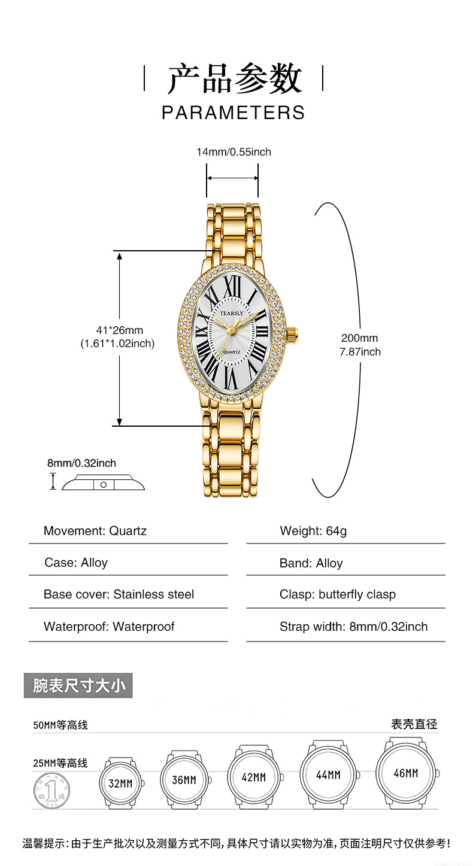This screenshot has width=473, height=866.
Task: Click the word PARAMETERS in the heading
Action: tap(234, 113)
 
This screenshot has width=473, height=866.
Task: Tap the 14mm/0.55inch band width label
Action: tap(234, 152)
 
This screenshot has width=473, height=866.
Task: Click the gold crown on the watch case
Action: tap(293, 332)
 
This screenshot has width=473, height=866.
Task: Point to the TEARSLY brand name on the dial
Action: tap(232, 313)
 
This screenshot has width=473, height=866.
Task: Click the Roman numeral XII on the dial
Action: tap(232, 287)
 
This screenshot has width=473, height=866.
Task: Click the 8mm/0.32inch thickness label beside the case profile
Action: tap(81, 463)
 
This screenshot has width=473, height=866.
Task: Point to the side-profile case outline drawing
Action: tap(103, 483)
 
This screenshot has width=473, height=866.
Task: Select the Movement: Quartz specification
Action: tap(95, 531)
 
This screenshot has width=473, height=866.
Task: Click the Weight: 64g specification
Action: tap(313, 531)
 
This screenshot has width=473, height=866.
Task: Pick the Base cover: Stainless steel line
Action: tap(119, 594)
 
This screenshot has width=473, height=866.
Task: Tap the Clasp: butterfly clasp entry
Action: tap(338, 595)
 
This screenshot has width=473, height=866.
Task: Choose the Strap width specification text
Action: tap(353, 626)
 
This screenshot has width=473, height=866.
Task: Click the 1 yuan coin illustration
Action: tap(52, 790)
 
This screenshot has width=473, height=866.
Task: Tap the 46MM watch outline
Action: tap(407, 773)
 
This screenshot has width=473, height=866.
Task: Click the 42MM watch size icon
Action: tap(254, 777)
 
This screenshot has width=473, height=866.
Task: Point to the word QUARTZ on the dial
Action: tap(231, 352)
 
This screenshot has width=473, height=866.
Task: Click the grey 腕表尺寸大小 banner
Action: tap(78, 685)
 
